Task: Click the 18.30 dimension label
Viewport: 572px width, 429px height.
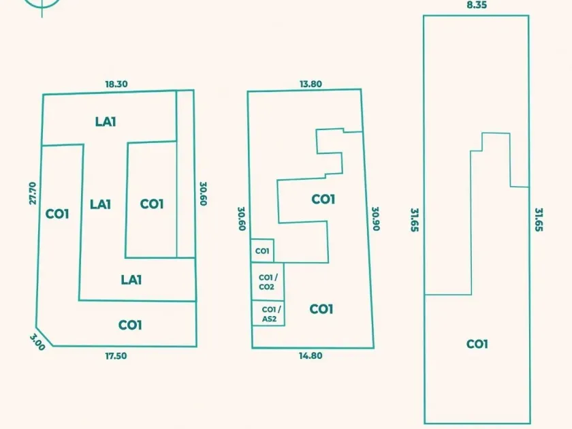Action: pyautogui.click(x=116, y=84)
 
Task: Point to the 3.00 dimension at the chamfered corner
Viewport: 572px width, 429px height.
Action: pyautogui.click(x=37, y=342)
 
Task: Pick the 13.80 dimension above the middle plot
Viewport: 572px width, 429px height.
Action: pyautogui.click(x=311, y=84)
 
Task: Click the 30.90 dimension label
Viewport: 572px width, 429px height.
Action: pyautogui.click(x=375, y=219)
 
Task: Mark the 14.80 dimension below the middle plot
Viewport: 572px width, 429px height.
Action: pyautogui.click(x=311, y=355)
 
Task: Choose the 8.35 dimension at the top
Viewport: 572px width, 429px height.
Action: pyautogui.click(x=477, y=5)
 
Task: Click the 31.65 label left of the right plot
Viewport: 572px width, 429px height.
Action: pyautogui.click(x=413, y=220)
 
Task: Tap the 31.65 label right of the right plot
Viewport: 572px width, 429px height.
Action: pyautogui.click(x=539, y=220)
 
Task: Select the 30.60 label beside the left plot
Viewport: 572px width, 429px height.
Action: pyautogui.click(x=203, y=193)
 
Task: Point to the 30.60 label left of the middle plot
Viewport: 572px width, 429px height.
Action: pyautogui.click(x=241, y=219)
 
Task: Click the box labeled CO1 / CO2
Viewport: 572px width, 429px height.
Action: pyautogui.click(x=267, y=282)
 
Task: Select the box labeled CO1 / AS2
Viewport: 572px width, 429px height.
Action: pyautogui.click(x=268, y=314)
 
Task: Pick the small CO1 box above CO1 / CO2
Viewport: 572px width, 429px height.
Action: pyautogui.click(x=262, y=251)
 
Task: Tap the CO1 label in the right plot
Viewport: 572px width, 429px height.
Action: pyautogui.click(x=477, y=344)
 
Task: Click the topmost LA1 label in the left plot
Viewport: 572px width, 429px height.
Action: pyautogui.click(x=106, y=122)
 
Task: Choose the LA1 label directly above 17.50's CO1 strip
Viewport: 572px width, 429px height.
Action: pyautogui.click(x=131, y=279)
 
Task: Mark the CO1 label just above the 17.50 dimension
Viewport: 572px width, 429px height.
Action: pyautogui.click(x=130, y=325)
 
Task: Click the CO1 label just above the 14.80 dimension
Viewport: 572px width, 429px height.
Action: pyautogui.click(x=321, y=309)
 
